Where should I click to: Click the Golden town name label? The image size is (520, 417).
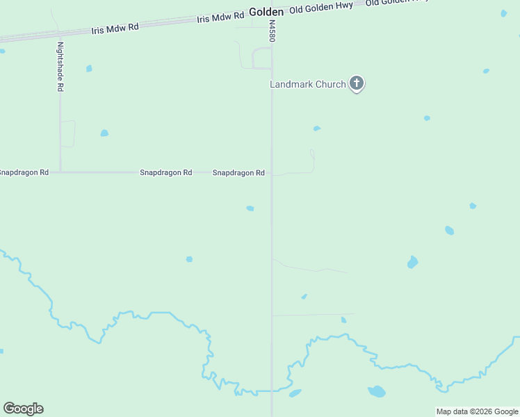266,12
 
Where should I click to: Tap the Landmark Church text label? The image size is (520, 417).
307,85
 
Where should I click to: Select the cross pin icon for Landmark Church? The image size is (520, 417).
356,84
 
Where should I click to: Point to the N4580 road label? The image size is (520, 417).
273,31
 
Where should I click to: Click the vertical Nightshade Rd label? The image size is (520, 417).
60,67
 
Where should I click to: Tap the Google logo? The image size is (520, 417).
23,409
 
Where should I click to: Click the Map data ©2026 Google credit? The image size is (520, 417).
478,411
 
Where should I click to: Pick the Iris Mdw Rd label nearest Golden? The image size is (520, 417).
220,17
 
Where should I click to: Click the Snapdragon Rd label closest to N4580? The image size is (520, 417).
238,172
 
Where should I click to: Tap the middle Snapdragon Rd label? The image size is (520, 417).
165,172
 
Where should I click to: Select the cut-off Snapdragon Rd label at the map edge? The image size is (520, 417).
24,172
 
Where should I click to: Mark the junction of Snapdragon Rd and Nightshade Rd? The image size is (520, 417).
60,172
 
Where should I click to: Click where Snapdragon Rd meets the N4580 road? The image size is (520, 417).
271,173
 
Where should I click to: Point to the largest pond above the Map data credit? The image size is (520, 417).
376,391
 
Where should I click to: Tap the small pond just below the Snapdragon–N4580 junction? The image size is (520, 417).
250,208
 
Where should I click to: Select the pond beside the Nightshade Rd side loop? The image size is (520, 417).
104,133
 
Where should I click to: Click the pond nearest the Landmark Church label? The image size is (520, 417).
316,129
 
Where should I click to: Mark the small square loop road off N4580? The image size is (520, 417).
261,58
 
